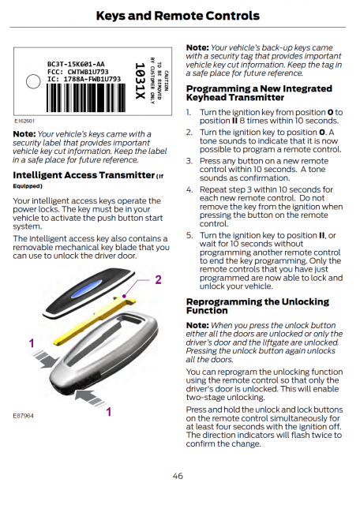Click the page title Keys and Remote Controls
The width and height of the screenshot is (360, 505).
click(x=178, y=16)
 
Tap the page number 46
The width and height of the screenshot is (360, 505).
click(x=178, y=476)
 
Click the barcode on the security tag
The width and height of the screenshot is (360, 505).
click(x=86, y=98)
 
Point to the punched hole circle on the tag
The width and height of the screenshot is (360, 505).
click(x=33, y=81)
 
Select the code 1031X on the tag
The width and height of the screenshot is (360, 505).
click(x=140, y=80)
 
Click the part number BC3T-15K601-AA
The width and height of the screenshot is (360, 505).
click(x=76, y=64)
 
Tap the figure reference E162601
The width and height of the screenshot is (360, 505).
click(x=24, y=121)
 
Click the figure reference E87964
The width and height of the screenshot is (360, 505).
click(x=23, y=416)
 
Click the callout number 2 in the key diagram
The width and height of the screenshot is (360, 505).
click(x=158, y=279)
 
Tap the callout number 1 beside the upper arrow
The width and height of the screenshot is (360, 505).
click(x=32, y=343)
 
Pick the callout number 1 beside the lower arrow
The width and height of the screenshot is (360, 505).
click(x=109, y=412)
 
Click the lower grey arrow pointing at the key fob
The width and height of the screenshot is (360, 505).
click(x=90, y=398)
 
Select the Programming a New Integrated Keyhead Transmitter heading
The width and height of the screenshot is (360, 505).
click(x=259, y=93)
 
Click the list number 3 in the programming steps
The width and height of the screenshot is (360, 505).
click(x=189, y=161)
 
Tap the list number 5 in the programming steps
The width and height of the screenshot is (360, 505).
click(x=189, y=235)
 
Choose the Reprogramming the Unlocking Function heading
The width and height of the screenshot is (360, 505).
click(x=257, y=306)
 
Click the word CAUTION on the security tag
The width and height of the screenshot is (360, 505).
click(x=166, y=80)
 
